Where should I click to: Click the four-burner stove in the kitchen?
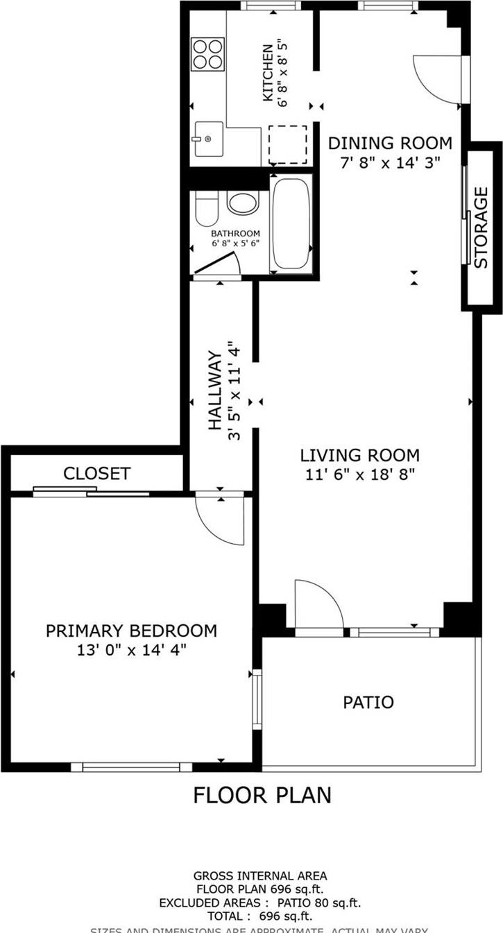pyautogui.click(x=208, y=54)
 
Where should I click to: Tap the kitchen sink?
pyautogui.click(x=207, y=139)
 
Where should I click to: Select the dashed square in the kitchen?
pyautogui.click(x=288, y=144)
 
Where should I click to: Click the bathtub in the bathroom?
pyautogui.click(x=291, y=223)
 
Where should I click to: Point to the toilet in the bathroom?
pyautogui.click(x=206, y=209)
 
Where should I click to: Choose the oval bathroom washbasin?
pyautogui.click(x=242, y=203)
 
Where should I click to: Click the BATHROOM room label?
pyautogui.click(x=236, y=234)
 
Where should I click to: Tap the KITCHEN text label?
pyautogui.click(x=268, y=74)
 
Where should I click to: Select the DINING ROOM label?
pyautogui.click(x=389, y=144)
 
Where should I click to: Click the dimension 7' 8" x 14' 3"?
pyautogui.click(x=389, y=164)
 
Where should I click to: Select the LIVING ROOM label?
pyautogui.click(x=359, y=456)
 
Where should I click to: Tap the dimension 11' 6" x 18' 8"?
pyautogui.click(x=359, y=475)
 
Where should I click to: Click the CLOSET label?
pyautogui.click(x=96, y=474)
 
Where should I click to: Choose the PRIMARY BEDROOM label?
pyautogui.click(x=131, y=631)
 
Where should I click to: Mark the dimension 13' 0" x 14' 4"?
pyautogui.click(x=131, y=651)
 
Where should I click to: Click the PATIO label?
pyautogui.click(x=368, y=702)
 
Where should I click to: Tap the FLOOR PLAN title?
pyautogui.click(x=262, y=795)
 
